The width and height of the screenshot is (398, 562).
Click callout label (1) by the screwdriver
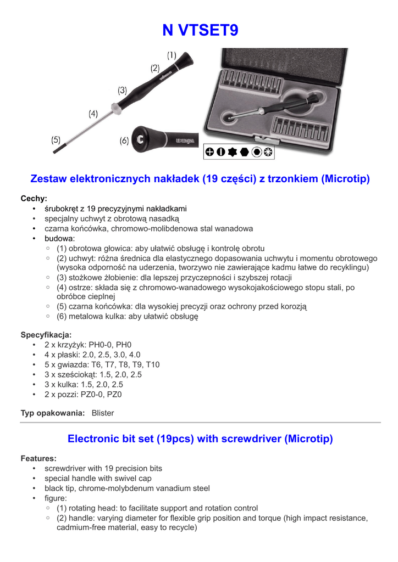(172, 55)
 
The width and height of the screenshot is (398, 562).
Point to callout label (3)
(122, 90)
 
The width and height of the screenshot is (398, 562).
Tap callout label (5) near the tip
(56, 140)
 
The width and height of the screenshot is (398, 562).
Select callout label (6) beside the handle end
(124, 141)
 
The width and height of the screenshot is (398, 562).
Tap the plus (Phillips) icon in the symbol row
(210, 152)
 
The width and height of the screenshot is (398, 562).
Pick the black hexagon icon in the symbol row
(244, 152)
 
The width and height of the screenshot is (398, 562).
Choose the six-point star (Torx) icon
(233, 152)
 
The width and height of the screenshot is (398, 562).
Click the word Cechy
(34, 199)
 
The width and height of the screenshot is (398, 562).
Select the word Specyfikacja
(46, 335)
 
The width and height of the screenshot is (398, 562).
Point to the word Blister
(103, 413)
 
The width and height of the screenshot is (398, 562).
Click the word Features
(38, 458)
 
